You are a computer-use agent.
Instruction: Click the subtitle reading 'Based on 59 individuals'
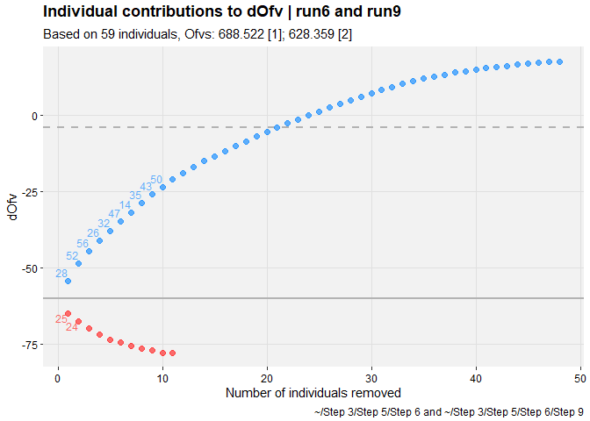(x=210, y=34)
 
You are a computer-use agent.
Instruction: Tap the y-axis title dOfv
(x=11, y=207)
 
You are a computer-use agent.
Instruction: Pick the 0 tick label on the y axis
(x=36, y=115)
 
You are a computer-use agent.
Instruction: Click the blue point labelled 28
(x=68, y=281)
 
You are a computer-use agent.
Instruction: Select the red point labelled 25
(x=68, y=313)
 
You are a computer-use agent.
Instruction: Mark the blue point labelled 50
(x=162, y=187)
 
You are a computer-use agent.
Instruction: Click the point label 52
(x=72, y=256)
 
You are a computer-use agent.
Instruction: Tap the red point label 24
(x=72, y=327)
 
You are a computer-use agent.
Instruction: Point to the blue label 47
(x=114, y=213)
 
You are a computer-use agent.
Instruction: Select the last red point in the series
(x=172, y=353)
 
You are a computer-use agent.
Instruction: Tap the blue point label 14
(x=125, y=204)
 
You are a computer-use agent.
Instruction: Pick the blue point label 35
(x=135, y=195)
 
